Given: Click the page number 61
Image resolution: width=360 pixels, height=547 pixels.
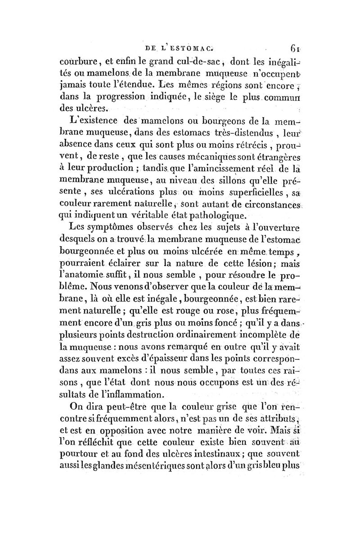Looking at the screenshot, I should tap(295, 48).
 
